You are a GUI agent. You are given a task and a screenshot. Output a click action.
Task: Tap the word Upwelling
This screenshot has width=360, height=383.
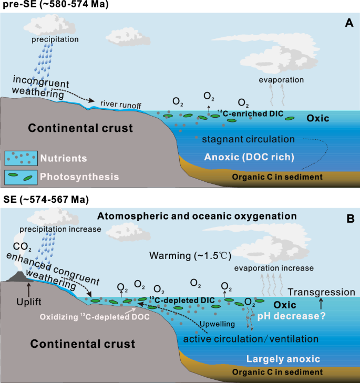(217, 324)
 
